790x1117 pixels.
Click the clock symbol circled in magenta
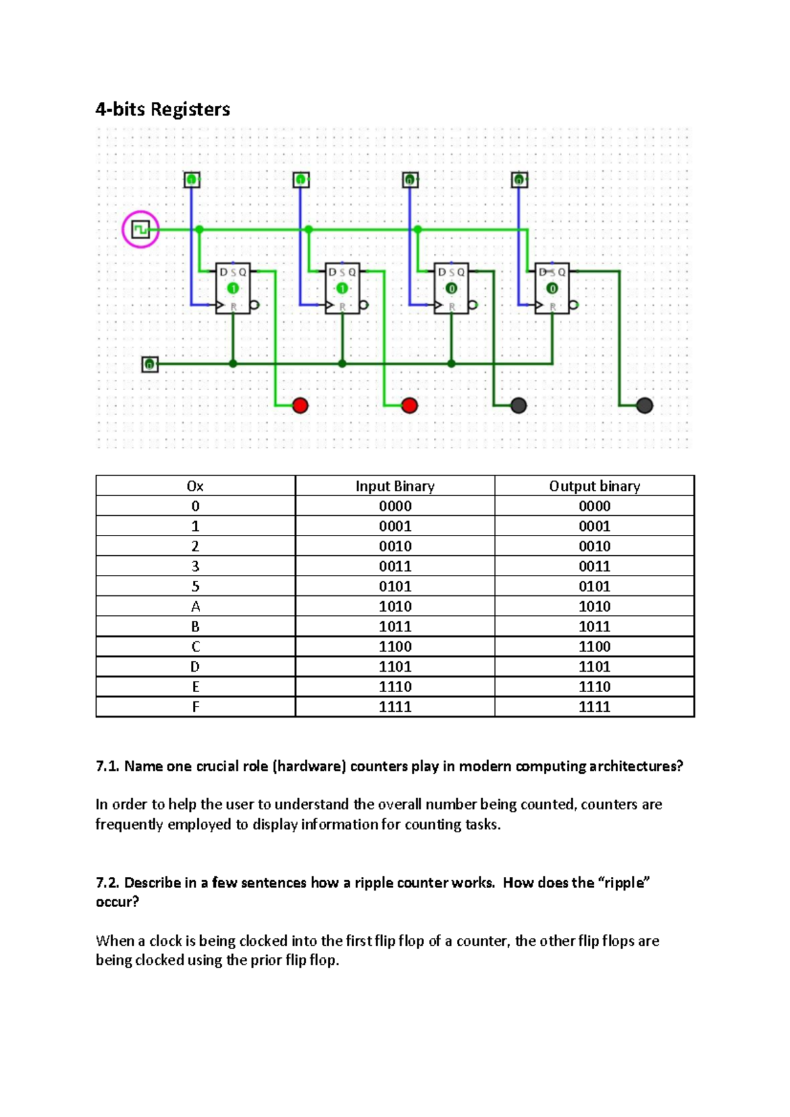140,230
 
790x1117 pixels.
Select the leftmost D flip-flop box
233,289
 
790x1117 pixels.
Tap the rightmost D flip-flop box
552,289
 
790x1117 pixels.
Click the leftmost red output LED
300,405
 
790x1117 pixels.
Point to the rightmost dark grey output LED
645,405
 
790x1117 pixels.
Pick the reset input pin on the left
150,364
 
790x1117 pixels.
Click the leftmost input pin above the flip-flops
192,180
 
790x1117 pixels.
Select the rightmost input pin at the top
519,180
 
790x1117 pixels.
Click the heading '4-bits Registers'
163,109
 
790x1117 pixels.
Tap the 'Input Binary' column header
395,486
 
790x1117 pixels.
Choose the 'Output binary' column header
594,486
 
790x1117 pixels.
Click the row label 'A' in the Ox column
195,607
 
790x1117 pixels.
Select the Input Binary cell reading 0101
395,587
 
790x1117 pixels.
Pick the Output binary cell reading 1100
594,647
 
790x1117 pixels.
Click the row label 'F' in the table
195,707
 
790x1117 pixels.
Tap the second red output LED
409,405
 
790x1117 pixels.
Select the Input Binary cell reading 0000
395,507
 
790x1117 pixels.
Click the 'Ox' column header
195,486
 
